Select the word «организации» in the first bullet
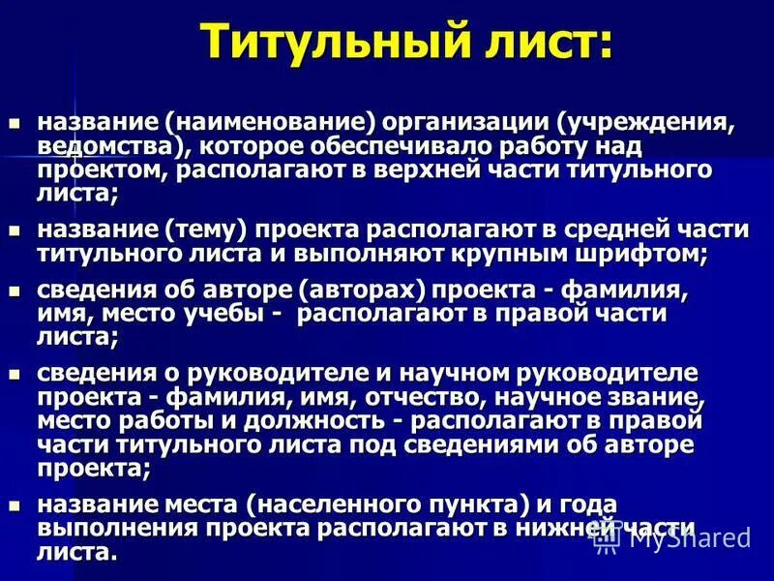pyautogui.click(x=464, y=124)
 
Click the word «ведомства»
pyautogui.click(x=105, y=145)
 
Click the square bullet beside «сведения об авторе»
pyautogui.click(x=14, y=290)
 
